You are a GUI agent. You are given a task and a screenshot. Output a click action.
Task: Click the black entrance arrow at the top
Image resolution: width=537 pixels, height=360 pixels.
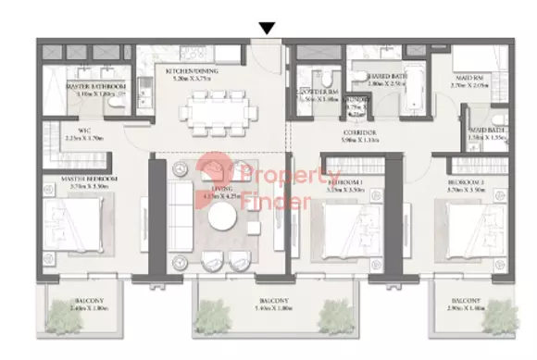267,29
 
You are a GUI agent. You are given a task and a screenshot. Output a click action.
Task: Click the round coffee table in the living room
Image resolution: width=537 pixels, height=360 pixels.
223,219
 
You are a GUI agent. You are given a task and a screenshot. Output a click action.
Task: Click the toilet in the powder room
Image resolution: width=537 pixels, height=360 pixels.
319,83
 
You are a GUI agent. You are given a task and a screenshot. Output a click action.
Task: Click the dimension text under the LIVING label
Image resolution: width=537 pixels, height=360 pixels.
223,196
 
